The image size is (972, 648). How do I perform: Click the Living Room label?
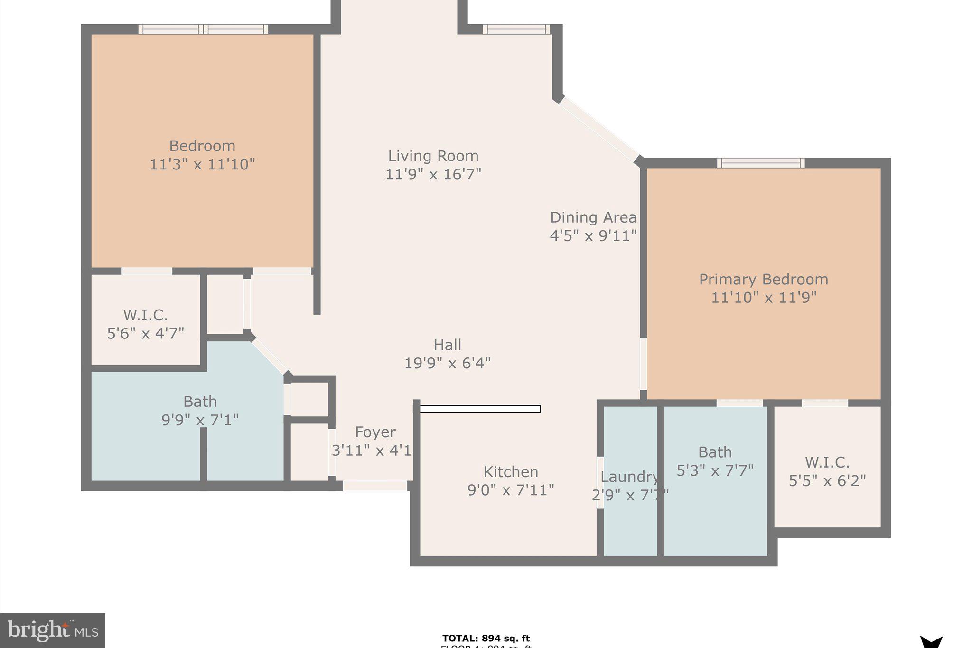point(433,156)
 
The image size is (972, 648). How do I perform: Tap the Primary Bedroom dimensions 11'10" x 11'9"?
point(763,298)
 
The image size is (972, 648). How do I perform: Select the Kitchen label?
point(511,471)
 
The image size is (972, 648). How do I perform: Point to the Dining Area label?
point(593,217)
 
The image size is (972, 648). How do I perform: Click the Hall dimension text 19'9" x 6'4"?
point(447,363)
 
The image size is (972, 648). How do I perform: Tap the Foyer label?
point(375,432)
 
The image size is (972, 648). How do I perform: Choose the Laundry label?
point(629,477)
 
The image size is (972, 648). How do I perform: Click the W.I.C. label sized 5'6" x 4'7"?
point(145,315)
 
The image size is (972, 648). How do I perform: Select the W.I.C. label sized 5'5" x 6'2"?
point(827,462)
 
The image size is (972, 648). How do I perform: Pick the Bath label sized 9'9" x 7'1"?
point(200,402)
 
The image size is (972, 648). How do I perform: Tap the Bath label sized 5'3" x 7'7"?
point(715,452)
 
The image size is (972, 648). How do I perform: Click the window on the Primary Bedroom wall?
point(760,163)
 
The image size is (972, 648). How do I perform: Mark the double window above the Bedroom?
point(203,29)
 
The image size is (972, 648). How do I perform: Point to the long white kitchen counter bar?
point(480,409)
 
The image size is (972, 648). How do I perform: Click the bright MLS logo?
point(53,630)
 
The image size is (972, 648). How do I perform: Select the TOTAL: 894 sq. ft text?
point(486,638)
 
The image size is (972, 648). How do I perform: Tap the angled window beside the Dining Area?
point(599,129)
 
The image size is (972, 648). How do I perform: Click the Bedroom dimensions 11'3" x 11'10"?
point(202,164)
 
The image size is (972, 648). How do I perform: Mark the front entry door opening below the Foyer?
point(375,486)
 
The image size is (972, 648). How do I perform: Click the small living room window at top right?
point(516,29)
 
